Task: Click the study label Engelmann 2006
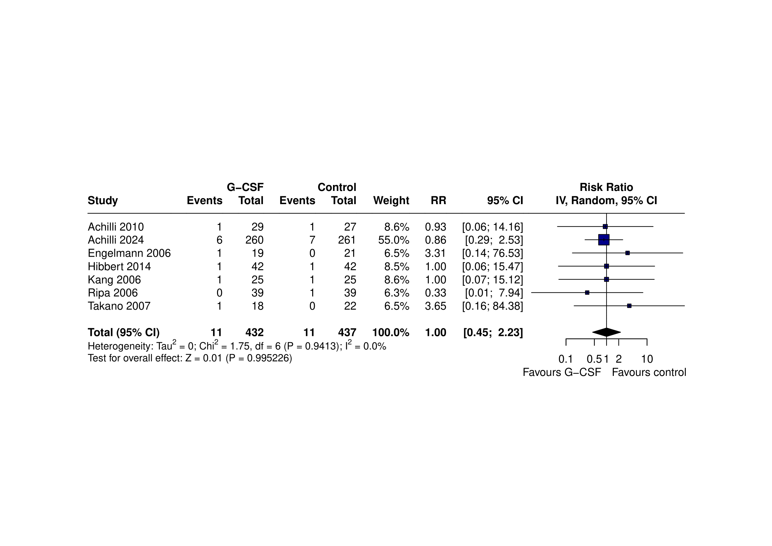point(129,253)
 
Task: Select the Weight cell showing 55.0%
point(393,240)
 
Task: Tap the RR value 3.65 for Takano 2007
point(435,306)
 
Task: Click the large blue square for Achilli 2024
point(604,240)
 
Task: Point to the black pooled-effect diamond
point(606,332)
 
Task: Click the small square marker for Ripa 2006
point(587,293)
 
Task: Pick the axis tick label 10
point(647,359)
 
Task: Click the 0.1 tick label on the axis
point(566,359)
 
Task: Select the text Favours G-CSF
point(562,373)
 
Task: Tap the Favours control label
point(649,373)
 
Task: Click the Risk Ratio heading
point(606,187)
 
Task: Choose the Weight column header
point(391,201)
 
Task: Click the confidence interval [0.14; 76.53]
point(493,253)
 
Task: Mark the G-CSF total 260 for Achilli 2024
point(254,240)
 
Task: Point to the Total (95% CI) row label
point(124,333)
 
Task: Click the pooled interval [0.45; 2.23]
point(493,333)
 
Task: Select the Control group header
point(337,187)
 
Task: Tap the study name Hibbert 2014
point(119,267)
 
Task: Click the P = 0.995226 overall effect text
point(259,358)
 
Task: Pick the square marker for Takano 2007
point(629,306)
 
